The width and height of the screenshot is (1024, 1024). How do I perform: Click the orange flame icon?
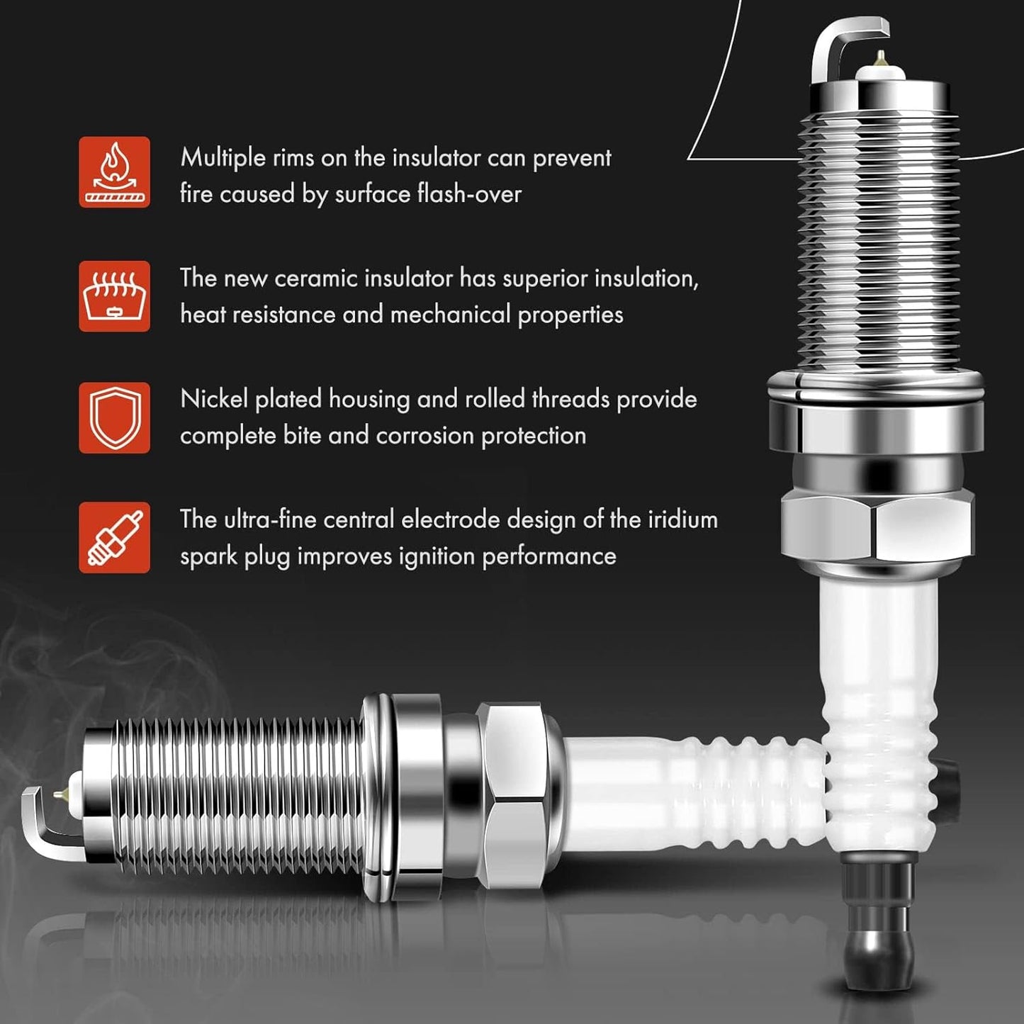click(x=114, y=171)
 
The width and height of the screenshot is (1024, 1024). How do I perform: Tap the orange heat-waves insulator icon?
click(x=114, y=296)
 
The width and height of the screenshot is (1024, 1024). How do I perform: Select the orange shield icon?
click(x=114, y=417)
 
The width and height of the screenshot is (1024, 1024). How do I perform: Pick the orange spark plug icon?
click(x=114, y=538)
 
